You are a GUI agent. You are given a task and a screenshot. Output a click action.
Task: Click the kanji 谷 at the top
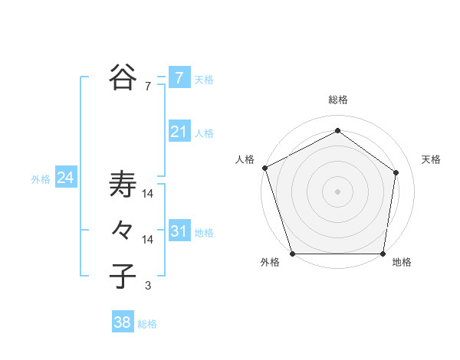point(123,76)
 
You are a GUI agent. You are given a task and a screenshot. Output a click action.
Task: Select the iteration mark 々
point(123,230)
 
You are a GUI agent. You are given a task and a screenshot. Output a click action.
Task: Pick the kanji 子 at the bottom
point(123,275)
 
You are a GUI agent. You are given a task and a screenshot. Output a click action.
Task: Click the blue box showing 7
point(179,77)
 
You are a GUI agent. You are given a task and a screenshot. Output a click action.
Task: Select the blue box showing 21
point(179,132)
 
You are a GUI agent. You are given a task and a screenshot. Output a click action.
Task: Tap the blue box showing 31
point(179,231)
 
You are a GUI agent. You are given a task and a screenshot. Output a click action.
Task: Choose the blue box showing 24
point(65,178)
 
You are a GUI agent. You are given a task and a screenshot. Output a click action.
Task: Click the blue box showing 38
point(123,322)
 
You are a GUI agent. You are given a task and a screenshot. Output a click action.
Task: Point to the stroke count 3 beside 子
point(148,286)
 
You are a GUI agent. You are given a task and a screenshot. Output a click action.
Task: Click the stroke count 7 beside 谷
point(148,87)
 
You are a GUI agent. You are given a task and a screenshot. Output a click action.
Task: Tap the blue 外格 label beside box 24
point(41,179)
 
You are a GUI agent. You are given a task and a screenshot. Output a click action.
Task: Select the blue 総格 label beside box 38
point(147,324)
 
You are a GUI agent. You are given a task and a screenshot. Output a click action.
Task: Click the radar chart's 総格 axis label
point(338,100)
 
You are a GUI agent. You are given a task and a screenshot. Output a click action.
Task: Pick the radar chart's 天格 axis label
point(431,159)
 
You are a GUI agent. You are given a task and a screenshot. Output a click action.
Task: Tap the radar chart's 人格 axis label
point(245,159)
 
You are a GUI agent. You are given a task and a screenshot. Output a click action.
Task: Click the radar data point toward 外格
point(292,254)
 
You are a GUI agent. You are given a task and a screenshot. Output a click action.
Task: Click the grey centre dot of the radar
point(338,191)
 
